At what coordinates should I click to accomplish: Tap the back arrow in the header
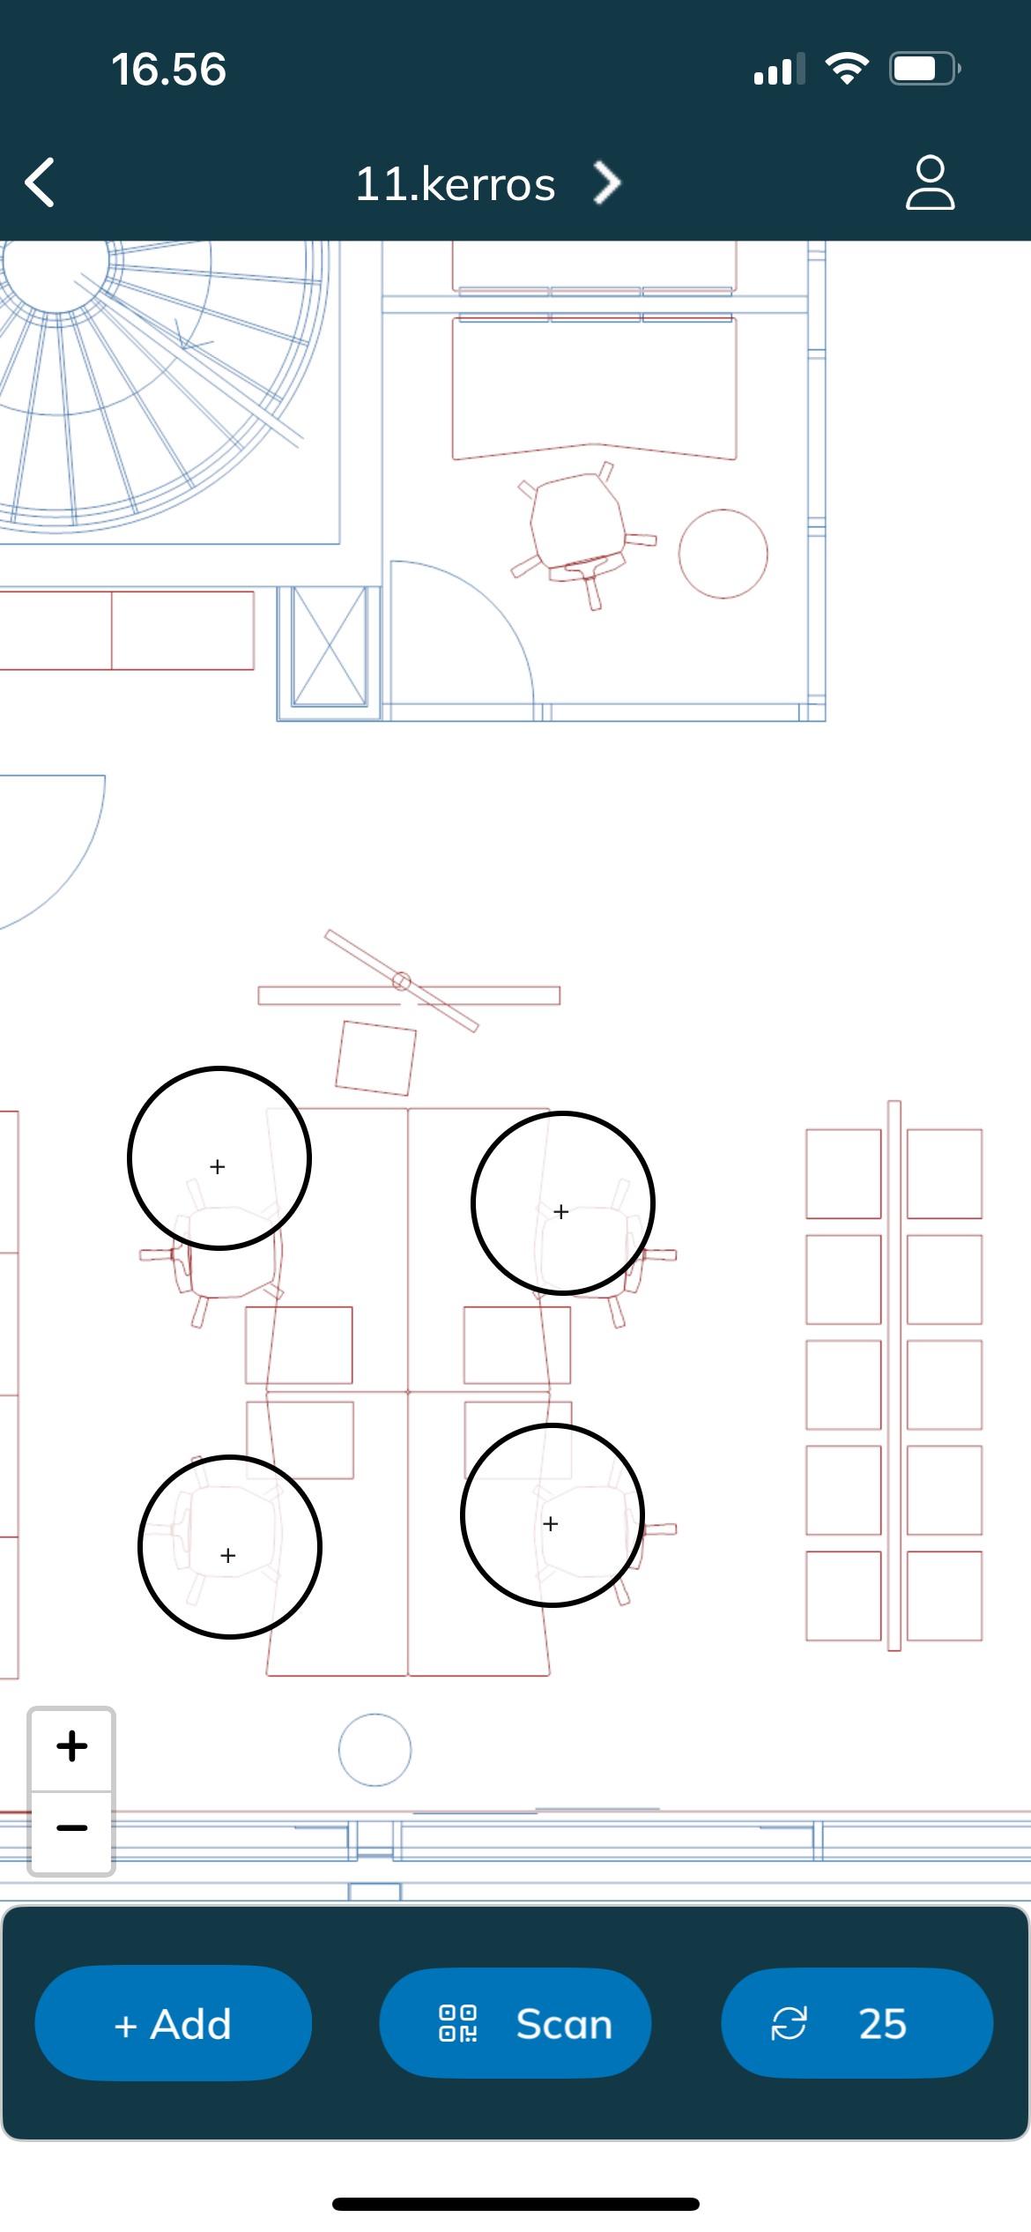click(41, 182)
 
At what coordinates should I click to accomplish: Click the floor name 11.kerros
click(456, 184)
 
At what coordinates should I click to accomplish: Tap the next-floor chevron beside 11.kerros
click(607, 182)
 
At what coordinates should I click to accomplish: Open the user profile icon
click(930, 182)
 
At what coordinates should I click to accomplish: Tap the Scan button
click(515, 2023)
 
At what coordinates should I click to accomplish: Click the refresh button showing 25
click(857, 2023)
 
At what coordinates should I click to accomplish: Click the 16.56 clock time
click(168, 70)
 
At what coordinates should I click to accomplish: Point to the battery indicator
click(924, 69)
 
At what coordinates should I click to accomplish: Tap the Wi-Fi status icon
click(847, 69)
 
